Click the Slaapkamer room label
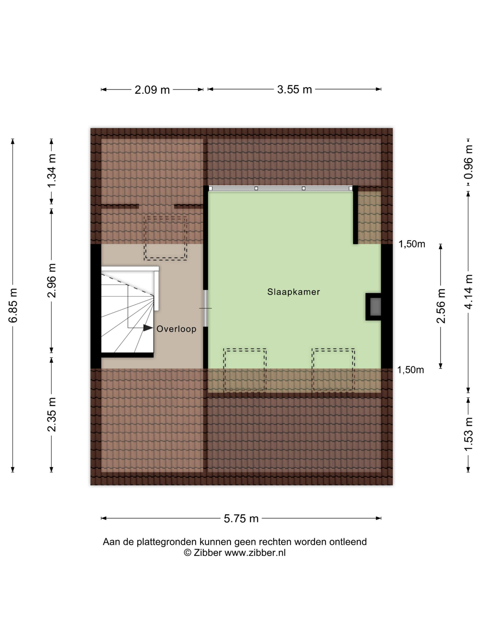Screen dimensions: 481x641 pos(293,292)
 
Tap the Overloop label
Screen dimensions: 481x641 pos(176,329)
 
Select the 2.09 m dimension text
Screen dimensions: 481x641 pos(152,90)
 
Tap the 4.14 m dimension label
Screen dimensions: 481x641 pos(468,291)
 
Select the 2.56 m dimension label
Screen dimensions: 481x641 pos(441,306)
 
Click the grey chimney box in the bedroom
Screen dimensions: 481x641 pos(376,306)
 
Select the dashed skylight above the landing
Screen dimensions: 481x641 pos(165,238)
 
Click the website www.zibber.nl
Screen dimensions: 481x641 pos(255,553)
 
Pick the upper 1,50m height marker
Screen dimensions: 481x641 pos(412,244)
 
